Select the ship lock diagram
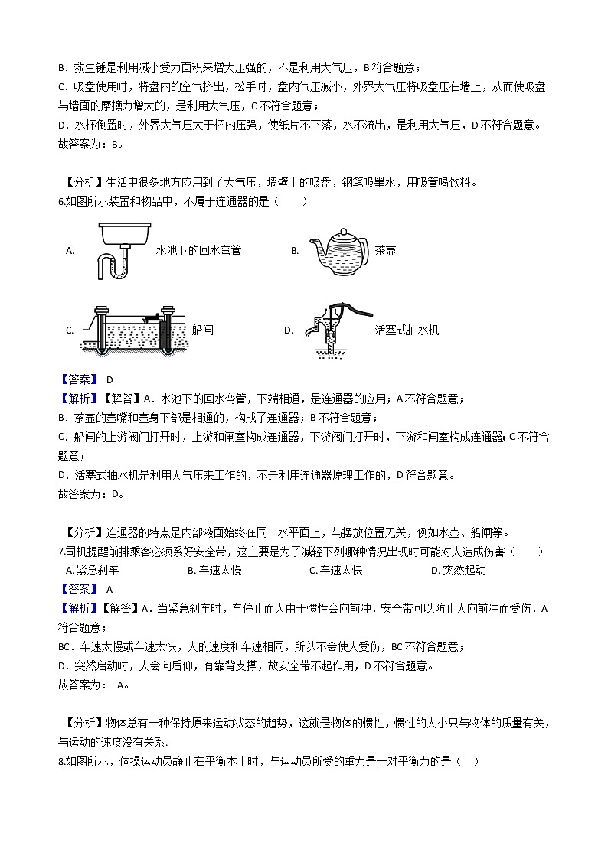(135, 330)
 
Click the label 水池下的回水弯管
(198, 250)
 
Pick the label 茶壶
(385, 250)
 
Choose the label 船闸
(204, 330)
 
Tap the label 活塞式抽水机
(407, 330)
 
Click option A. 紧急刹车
(93, 570)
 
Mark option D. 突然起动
(458, 570)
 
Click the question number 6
(61, 202)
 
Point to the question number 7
(60, 551)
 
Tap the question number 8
(60, 761)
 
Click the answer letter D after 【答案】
(110, 379)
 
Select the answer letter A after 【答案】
(110, 589)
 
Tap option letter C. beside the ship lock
(70, 330)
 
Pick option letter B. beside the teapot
(295, 250)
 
